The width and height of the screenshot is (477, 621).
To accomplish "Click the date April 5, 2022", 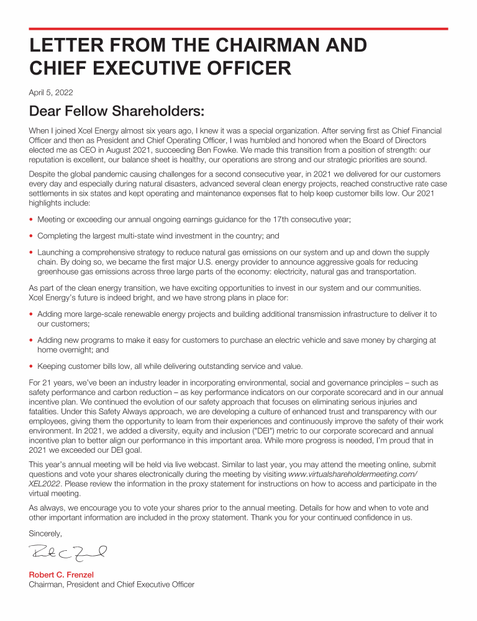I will click(51, 93).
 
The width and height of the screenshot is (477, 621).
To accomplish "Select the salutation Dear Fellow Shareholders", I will click(117, 112).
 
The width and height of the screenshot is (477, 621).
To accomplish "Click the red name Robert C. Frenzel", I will click(61, 575).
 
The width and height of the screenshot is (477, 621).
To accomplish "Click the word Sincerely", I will click(46, 533).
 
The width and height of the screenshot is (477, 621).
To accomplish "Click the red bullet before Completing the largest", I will click(31, 237).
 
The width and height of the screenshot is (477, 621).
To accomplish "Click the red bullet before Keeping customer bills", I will click(31, 366).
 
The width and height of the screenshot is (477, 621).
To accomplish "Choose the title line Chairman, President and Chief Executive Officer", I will click(112, 584).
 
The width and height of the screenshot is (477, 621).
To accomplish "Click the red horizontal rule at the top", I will click(238, 29).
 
